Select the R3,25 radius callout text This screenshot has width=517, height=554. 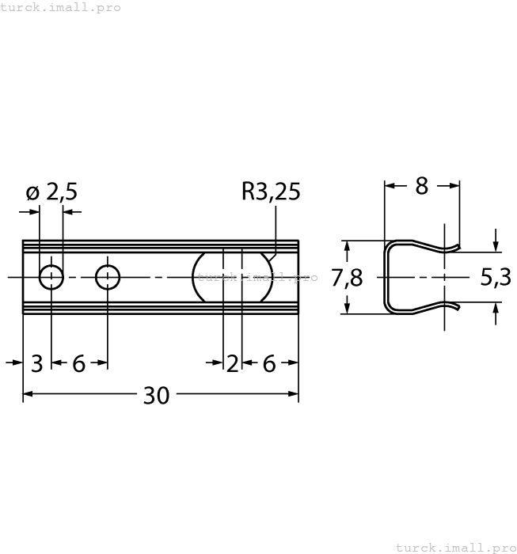coord(271,192)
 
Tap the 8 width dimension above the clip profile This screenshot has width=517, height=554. coord(421,186)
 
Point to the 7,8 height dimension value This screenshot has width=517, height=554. coord(347,279)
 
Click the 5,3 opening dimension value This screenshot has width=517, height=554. coord(496,278)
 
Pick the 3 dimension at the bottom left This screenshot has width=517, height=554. coord(36,363)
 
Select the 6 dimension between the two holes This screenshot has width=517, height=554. coord(79,363)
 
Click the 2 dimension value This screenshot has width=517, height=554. coord(232,363)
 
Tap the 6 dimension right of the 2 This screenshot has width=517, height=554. coord(269,363)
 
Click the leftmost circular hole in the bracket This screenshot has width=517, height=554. coord(51,278)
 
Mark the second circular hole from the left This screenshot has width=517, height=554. coord(108,278)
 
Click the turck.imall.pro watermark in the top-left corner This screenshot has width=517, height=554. coord(61,7)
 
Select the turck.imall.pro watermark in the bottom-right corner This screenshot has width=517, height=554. coord(454,547)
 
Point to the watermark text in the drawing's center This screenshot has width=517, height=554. coord(257,278)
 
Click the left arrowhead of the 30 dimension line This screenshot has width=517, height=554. coord(29,393)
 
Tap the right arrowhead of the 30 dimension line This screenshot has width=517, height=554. coord(293,393)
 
